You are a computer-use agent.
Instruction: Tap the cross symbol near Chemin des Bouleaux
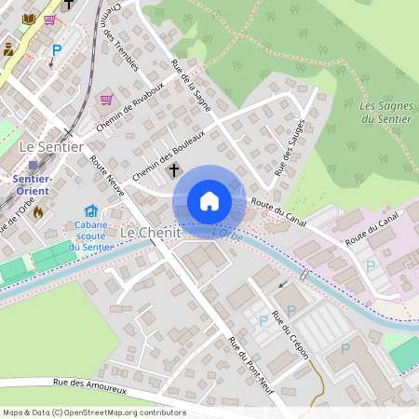173,170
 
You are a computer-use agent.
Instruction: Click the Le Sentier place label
51,147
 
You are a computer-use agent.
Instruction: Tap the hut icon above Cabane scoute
90,211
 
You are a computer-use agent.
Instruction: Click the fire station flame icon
38,211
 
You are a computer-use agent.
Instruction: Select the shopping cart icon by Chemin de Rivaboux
106,100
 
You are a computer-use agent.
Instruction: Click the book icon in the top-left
28,19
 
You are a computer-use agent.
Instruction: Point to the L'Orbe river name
227,235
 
